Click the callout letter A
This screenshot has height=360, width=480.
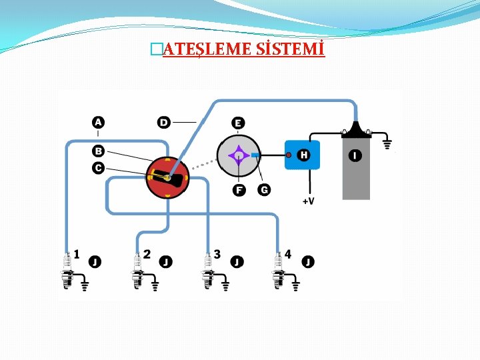(98, 122)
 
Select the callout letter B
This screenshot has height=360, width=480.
(98, 151)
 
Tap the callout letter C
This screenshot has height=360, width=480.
(98, 167)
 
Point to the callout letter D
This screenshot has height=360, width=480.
(164, 122)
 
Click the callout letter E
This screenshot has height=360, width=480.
(238, 123)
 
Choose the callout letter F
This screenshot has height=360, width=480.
(239, 191)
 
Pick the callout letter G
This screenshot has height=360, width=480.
(264, 191)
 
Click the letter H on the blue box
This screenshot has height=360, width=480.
(303, 155)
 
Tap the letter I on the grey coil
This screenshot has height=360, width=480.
(355, 155)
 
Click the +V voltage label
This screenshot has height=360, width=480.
(308, 201)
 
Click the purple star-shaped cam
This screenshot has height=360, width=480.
(238, 157)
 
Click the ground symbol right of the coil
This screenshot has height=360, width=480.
(387, 142)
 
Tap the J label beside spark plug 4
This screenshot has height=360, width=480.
(307, 262)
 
